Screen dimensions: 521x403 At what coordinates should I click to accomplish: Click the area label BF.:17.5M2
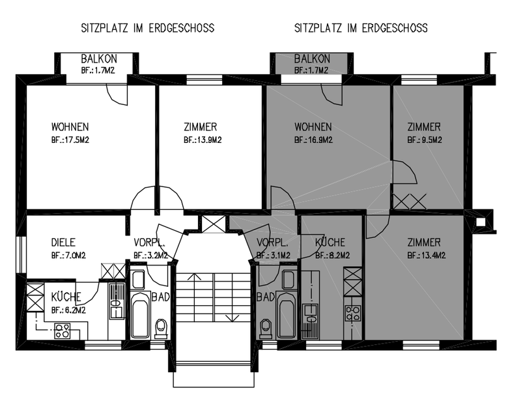pyautogui.click(x=70, y=140)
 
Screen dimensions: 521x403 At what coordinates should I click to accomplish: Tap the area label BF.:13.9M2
pyautogui.click(x=203, y=140)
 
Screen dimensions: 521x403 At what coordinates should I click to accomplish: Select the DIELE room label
pyautogui.click(x=63, y=243)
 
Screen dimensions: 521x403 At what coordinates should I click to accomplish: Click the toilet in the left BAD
pyautogui.click(x=162, y=329)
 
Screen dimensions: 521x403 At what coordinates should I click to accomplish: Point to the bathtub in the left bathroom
pyautogui.click(x=139, y=315)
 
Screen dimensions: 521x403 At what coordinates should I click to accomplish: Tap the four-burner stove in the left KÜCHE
pyautogui.click(x=63, y=331)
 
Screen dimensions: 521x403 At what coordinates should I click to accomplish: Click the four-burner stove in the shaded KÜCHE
pyautogui.click(x=352, y=314)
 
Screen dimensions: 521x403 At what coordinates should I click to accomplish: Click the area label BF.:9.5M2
pyautogui.click(x=425, y=140)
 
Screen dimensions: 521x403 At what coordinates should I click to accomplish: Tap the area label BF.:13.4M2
pyautogui.click(x=427, y=256)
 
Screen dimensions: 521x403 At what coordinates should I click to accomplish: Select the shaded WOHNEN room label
pyautogui.click(x=313, y=127)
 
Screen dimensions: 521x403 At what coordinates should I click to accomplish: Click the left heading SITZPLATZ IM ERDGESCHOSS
pyautogui.click(x=148, y=28)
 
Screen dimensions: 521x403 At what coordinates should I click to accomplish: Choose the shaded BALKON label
pyautogui.click(x=312, y=59)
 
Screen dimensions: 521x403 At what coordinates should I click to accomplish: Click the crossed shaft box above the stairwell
pyautogui.click(x=214, y=223)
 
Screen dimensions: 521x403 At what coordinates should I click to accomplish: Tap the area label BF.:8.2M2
pyautogui.click(x=333, y=256)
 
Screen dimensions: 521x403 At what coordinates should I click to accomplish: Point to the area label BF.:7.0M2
pyautogui.click(x=68, y=256)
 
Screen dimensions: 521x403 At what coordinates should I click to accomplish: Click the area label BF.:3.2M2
pyautogui.click(x=151, y=256)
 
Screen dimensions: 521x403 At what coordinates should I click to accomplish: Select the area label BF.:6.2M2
pyautogui.click(x=68, y=310)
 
